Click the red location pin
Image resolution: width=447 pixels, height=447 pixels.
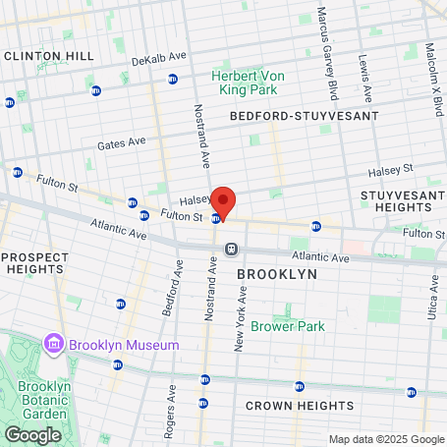click(x=224, y=202)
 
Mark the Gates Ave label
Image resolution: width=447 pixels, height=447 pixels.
click(x=121, y=143)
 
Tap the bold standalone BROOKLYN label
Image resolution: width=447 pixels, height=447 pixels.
click(x=278, y=274)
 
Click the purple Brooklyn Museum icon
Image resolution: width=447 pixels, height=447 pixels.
click(x=53, y=345)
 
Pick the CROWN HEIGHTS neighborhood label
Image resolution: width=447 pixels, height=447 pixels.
click(x=286, y=406)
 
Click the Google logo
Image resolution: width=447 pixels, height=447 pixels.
click(x=32, y=434)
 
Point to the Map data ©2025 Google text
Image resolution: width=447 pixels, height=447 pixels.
click(x=386, y=439)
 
